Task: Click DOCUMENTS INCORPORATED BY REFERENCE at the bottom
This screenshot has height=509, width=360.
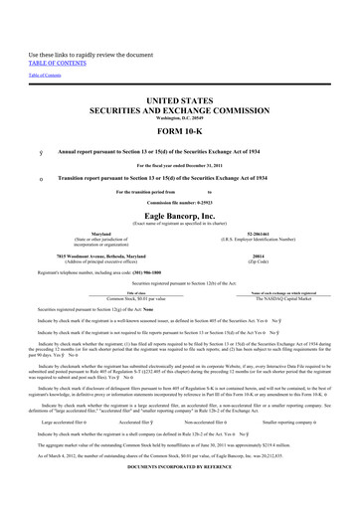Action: (x=180, y=493)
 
